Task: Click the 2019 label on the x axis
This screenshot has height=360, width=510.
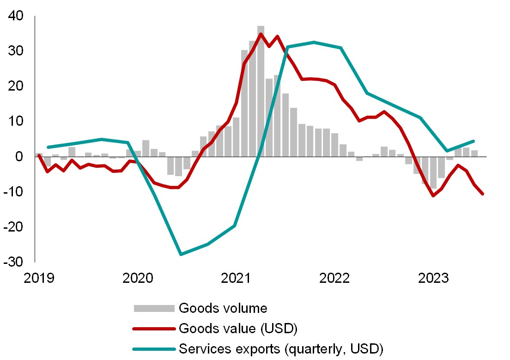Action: point(40,278)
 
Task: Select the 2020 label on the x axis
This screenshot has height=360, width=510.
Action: point(138,278)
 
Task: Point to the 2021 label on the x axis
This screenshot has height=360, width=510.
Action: point(236,278)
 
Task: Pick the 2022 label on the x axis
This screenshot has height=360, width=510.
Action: point(334,278)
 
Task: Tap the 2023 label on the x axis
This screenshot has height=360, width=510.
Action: point(431,278)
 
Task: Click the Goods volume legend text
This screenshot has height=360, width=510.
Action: point(223,308)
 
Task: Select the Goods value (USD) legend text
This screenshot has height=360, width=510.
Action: point(237,329)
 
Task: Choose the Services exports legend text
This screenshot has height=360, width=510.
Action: point(281,349)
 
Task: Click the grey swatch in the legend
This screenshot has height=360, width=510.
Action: point(154,308)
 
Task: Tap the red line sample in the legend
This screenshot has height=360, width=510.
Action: point(154,329)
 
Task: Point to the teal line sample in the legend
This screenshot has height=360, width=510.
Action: point(154,349)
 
